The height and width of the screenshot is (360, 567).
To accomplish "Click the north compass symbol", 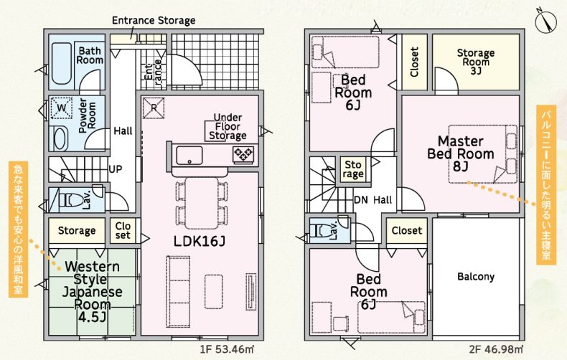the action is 545,22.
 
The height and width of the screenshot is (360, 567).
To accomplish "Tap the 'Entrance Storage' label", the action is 154,21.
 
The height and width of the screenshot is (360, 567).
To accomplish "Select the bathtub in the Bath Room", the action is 62,64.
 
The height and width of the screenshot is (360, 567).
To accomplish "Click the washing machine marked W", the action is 62,108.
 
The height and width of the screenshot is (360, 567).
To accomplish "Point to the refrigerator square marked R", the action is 154,108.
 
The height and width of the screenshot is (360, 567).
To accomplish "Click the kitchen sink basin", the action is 189,156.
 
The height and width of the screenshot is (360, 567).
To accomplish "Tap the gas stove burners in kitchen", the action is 243,154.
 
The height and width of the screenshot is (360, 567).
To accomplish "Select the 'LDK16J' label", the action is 200,242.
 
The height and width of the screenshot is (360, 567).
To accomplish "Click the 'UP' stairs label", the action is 116,169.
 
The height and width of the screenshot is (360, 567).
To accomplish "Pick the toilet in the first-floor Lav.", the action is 70,200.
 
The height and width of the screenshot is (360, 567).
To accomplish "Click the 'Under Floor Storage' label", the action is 228,127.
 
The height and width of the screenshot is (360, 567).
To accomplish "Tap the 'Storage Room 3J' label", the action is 476,62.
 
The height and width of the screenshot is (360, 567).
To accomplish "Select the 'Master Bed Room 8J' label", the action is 461,153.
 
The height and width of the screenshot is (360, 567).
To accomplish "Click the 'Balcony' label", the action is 476,277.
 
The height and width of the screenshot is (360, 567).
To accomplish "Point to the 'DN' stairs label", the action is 361,200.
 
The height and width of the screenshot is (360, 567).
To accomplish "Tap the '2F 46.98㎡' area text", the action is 497,350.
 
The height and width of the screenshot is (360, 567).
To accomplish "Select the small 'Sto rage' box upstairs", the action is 353,169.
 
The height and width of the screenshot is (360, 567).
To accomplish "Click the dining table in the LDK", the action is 202,203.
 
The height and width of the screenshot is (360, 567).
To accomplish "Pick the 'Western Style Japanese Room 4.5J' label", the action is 93,292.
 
